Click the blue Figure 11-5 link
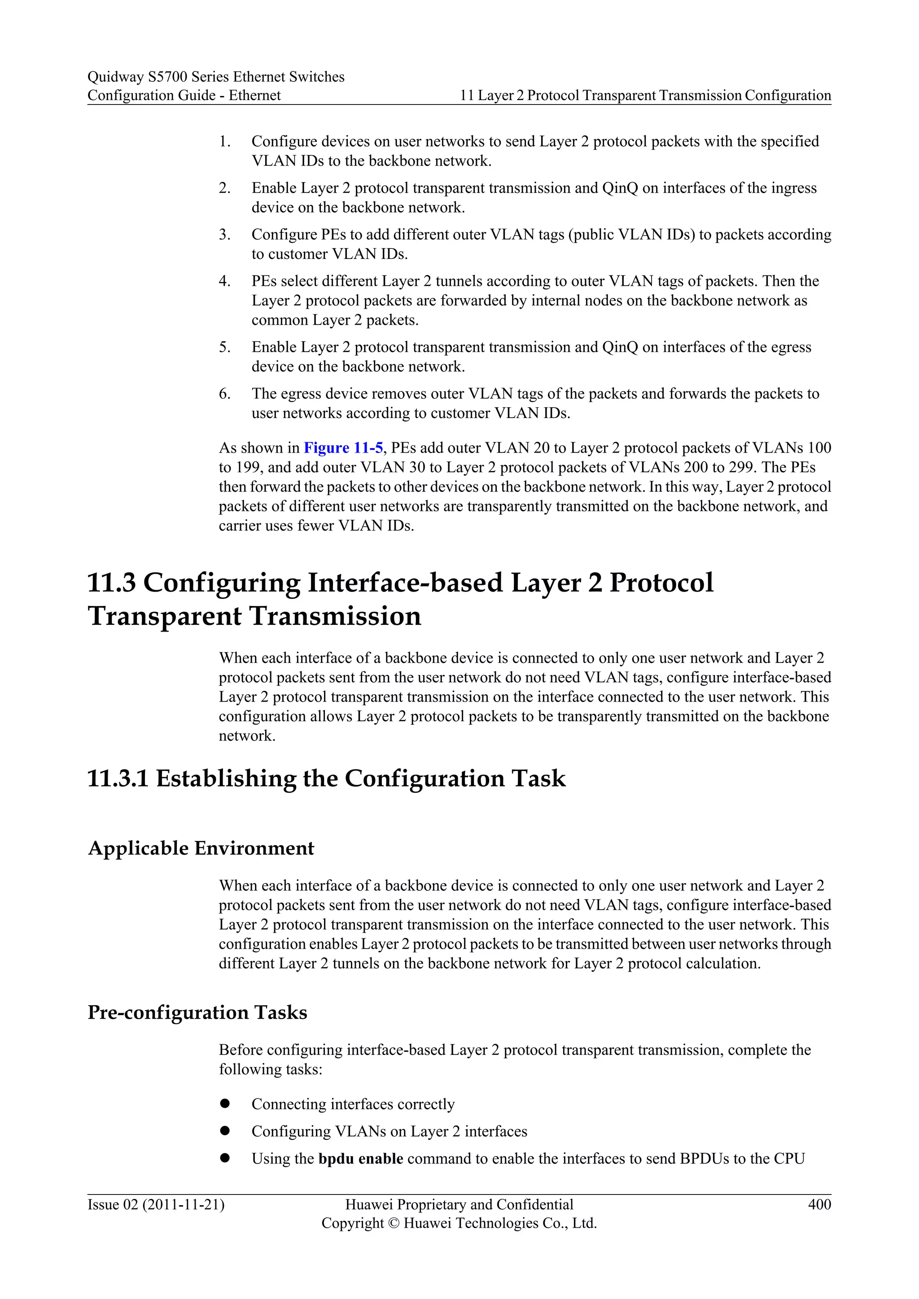tap(343, 448)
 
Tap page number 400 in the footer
tap(819, 1204)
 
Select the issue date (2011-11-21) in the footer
tap(184, 1204)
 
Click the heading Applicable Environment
tap(201, 848)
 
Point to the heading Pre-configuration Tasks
tap(197, 1012)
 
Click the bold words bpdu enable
tap(360, 1158)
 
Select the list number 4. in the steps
tap(225, 281)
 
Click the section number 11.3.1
tap(118, 779)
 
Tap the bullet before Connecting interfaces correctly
tap(225, 1103)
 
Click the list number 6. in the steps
tap(225, 394)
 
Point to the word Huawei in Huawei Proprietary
tap(368, 1204)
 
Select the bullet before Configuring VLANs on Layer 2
tap(225, 1130)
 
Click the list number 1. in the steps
tap(225, 141)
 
